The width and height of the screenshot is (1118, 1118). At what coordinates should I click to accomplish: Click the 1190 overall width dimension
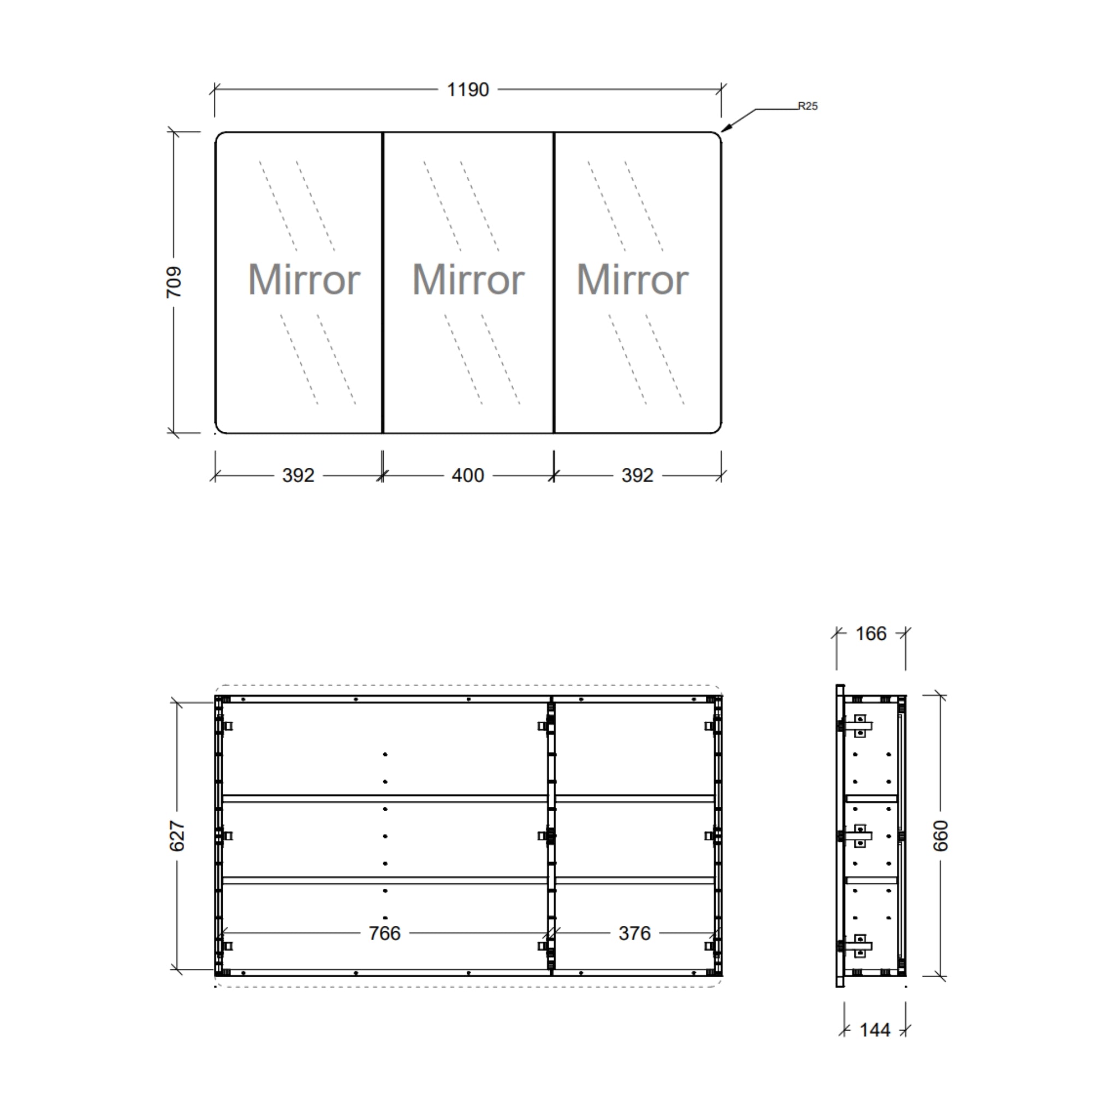click(468, 90)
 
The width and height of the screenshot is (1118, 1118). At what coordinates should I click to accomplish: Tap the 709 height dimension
click(174, 282)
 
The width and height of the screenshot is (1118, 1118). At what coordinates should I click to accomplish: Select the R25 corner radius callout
click(807, 106)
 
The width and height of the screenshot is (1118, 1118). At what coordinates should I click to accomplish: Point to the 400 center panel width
click(468, 475)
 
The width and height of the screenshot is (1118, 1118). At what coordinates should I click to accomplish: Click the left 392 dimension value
click(298, 475)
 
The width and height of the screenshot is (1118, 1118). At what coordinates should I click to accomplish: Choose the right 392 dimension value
click(637, 475)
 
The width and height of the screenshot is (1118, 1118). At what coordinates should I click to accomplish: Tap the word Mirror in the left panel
click(304, 279)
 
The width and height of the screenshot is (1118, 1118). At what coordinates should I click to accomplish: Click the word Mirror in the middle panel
click(468, 279)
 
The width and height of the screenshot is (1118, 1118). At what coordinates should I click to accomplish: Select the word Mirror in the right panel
click(633, 279)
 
